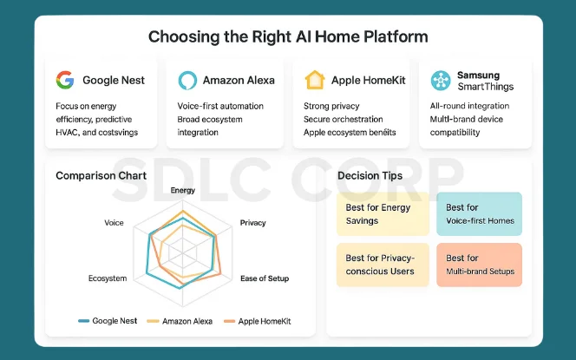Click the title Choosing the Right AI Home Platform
[x=287, y=37]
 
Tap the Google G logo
[x=65, y=81]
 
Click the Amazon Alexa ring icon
[x=187, y=81]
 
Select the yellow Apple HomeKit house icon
[x=314, y=81]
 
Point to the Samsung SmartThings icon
[x=441, y=81]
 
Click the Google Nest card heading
[x=113, y=81]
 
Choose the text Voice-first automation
[x=220, y=106]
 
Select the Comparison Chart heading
[x=101, y=175]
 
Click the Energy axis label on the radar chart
[x=183, y=190]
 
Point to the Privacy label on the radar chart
[x=252, y=223]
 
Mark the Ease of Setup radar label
[x=265, y=278]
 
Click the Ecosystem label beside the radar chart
[x=108, y=278]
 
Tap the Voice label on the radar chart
[x=114, y=223]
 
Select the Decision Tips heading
[x=370, y=176]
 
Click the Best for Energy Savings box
[x=383, y=214]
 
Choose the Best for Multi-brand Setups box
[x=479, y=265]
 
